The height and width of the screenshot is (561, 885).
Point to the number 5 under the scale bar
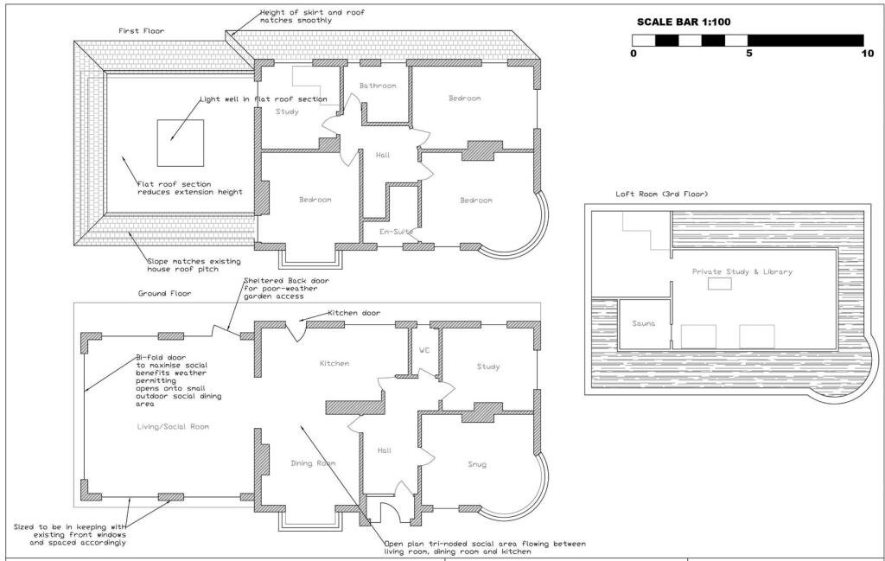point(749,54)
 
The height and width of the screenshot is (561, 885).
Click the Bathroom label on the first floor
point(378,86)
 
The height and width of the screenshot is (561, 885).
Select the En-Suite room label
point(395,232)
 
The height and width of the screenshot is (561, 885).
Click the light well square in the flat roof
point(180,143)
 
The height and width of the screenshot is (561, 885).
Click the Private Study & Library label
point(742,271)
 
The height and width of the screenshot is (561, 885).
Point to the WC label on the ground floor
point(423,351)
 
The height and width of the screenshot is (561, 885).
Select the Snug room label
point(476,465)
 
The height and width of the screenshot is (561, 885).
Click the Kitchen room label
point(334,364)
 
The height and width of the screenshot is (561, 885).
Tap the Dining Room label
point(312,463)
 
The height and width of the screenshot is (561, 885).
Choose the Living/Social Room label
point(174,427)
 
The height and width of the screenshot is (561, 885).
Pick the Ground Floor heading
point(165,294)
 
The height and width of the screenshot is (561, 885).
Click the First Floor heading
point(141,31)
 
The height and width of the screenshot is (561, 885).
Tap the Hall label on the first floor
point(383,156)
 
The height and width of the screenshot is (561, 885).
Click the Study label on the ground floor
point(488,367)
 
